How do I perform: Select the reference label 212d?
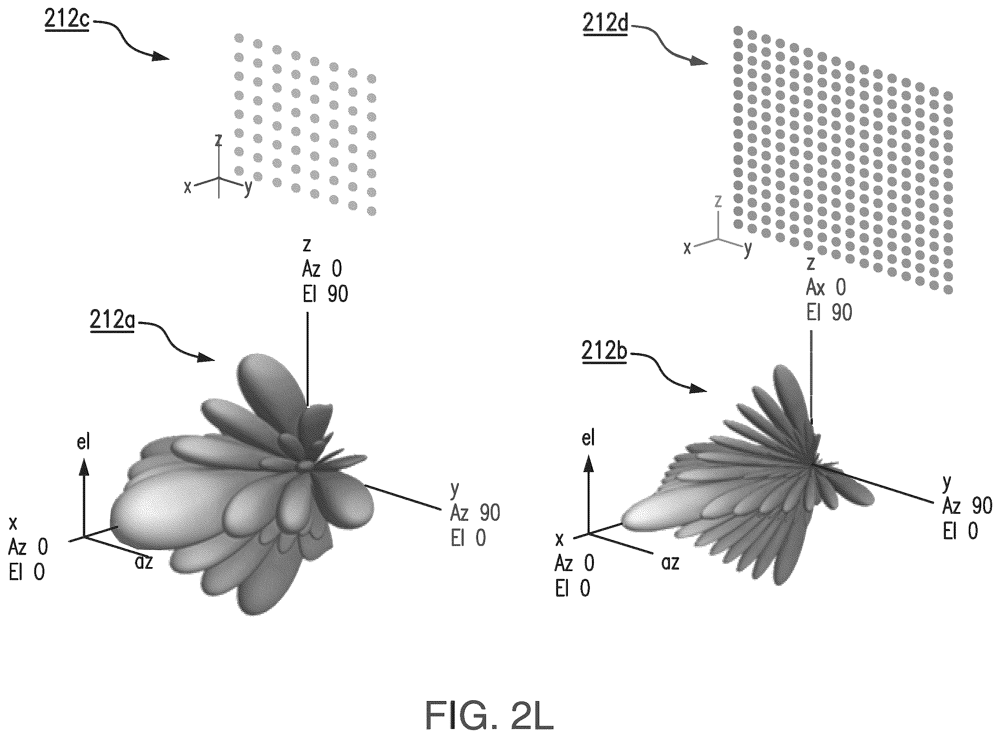click(x=605, y=22)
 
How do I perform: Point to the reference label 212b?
click(x=604, y=352)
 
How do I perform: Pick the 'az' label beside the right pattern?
click(x=670, y=563)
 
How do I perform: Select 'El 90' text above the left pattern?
click(x=325, y=294)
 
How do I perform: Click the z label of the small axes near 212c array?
click(x=218, y=140)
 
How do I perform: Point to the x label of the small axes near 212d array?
click(x=688, y=248)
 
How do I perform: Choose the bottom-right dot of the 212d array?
click(x=948, y=290)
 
